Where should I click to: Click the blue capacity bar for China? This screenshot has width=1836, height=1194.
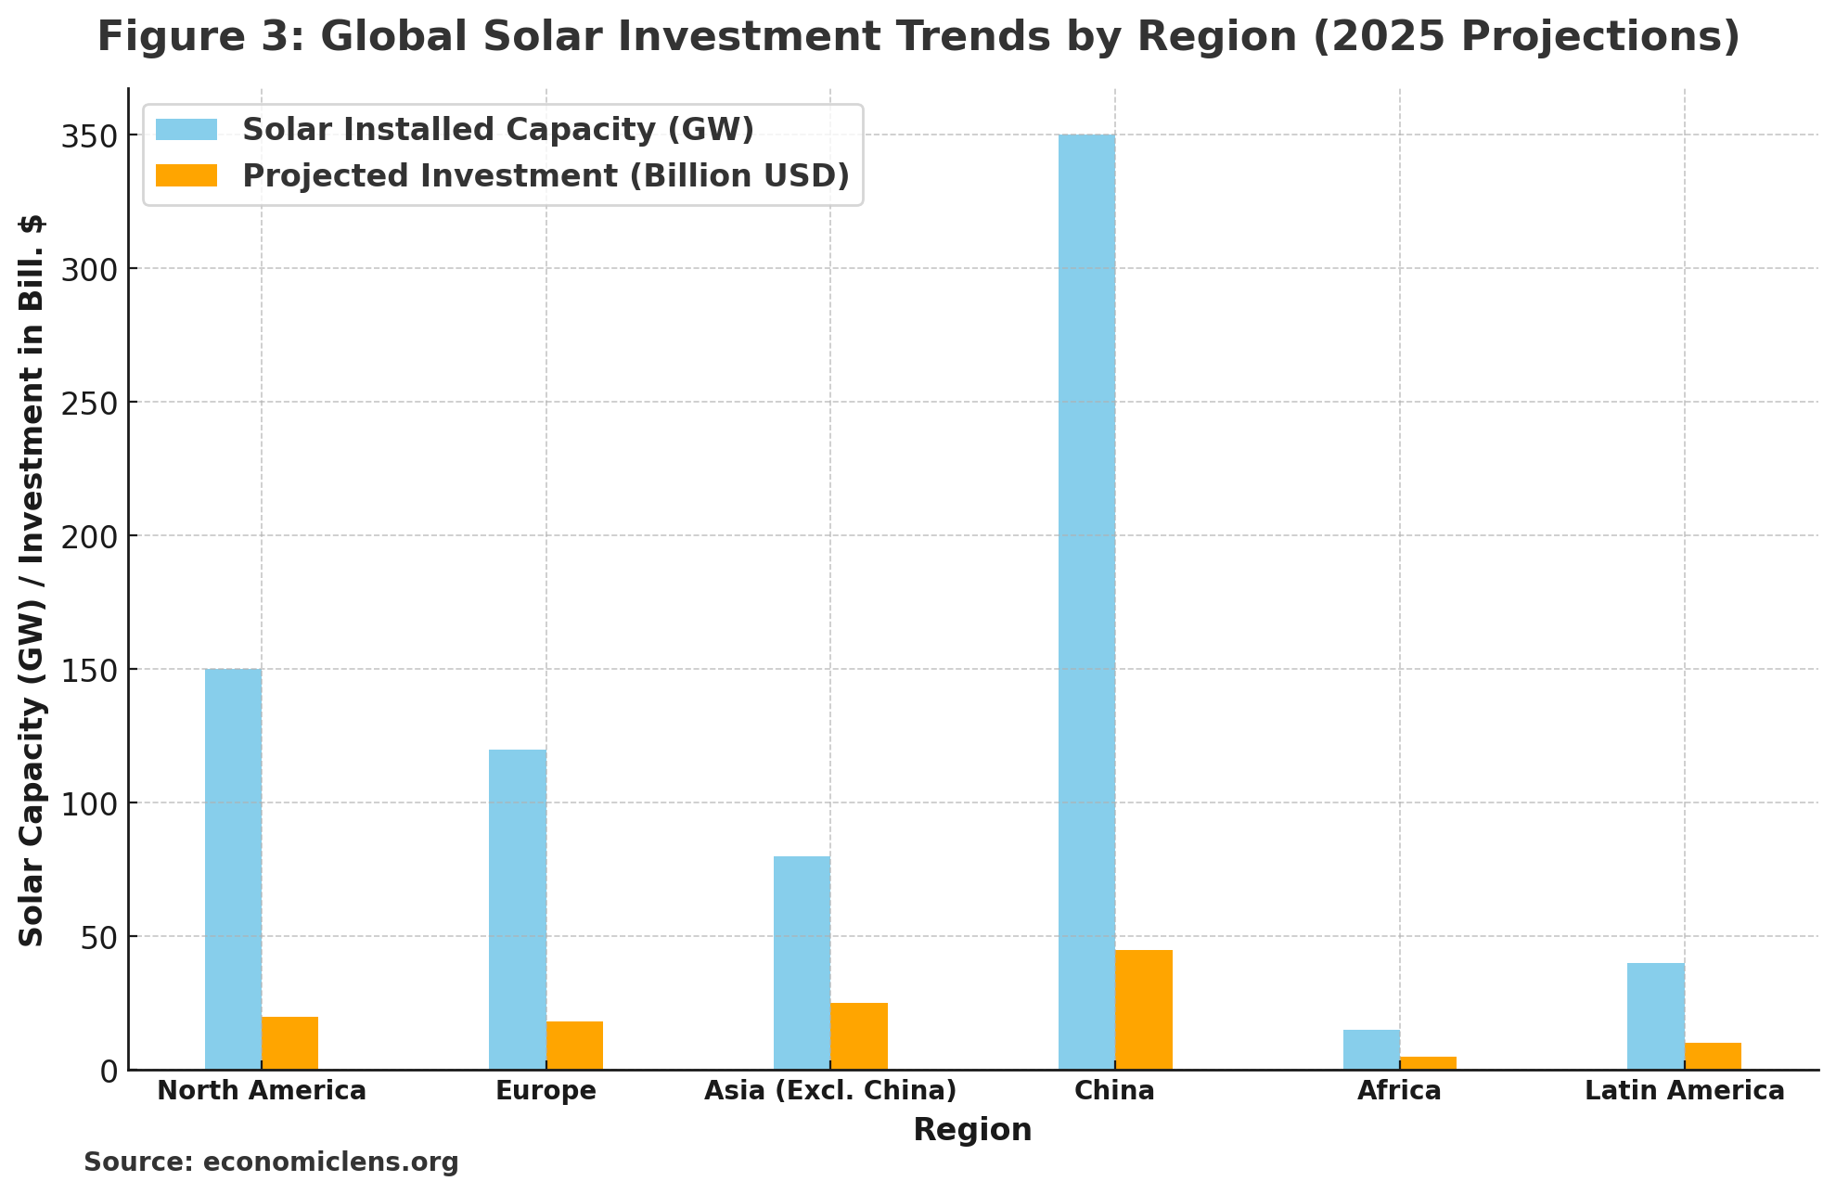tap(1086, 603)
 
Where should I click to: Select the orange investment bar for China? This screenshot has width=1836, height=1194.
tap(1143, 1009)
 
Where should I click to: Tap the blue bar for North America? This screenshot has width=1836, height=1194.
tap(233, 869)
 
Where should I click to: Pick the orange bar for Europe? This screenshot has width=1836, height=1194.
tap(574, 1046)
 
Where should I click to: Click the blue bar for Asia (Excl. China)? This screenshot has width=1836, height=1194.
tap(802, 963)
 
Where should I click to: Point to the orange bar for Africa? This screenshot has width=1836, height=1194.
tap(1428, 1063)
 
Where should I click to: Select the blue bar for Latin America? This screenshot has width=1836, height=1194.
tap(1655, 1016)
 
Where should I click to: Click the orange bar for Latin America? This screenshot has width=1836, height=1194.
tap(1713, 1056)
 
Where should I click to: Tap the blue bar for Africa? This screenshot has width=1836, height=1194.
tap(1371, 1049)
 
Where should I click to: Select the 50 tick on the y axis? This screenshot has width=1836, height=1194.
tap(102, 937)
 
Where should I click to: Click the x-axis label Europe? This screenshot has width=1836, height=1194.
tap(546, 1091)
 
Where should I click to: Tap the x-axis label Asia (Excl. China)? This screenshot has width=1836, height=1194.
tap(830, 1091)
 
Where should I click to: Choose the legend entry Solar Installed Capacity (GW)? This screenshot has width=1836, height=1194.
tap(497, 130)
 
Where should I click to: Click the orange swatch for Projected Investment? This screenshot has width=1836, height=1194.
tap(186, 175)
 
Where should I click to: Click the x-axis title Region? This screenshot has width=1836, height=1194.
tap(972, 1130)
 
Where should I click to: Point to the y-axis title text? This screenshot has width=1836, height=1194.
tap(32, 580)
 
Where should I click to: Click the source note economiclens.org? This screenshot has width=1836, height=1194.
tap(271, 1162)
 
